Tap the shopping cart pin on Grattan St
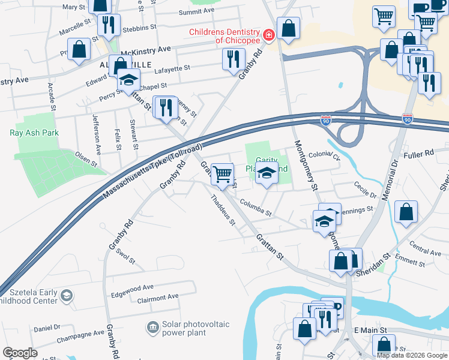click(x=222, y=175)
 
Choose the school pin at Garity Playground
click(x=267, y=175)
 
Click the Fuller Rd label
click(x=418, y=154)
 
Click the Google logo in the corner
click(x=20, y=353)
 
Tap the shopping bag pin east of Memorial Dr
click(x=406, y=211)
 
